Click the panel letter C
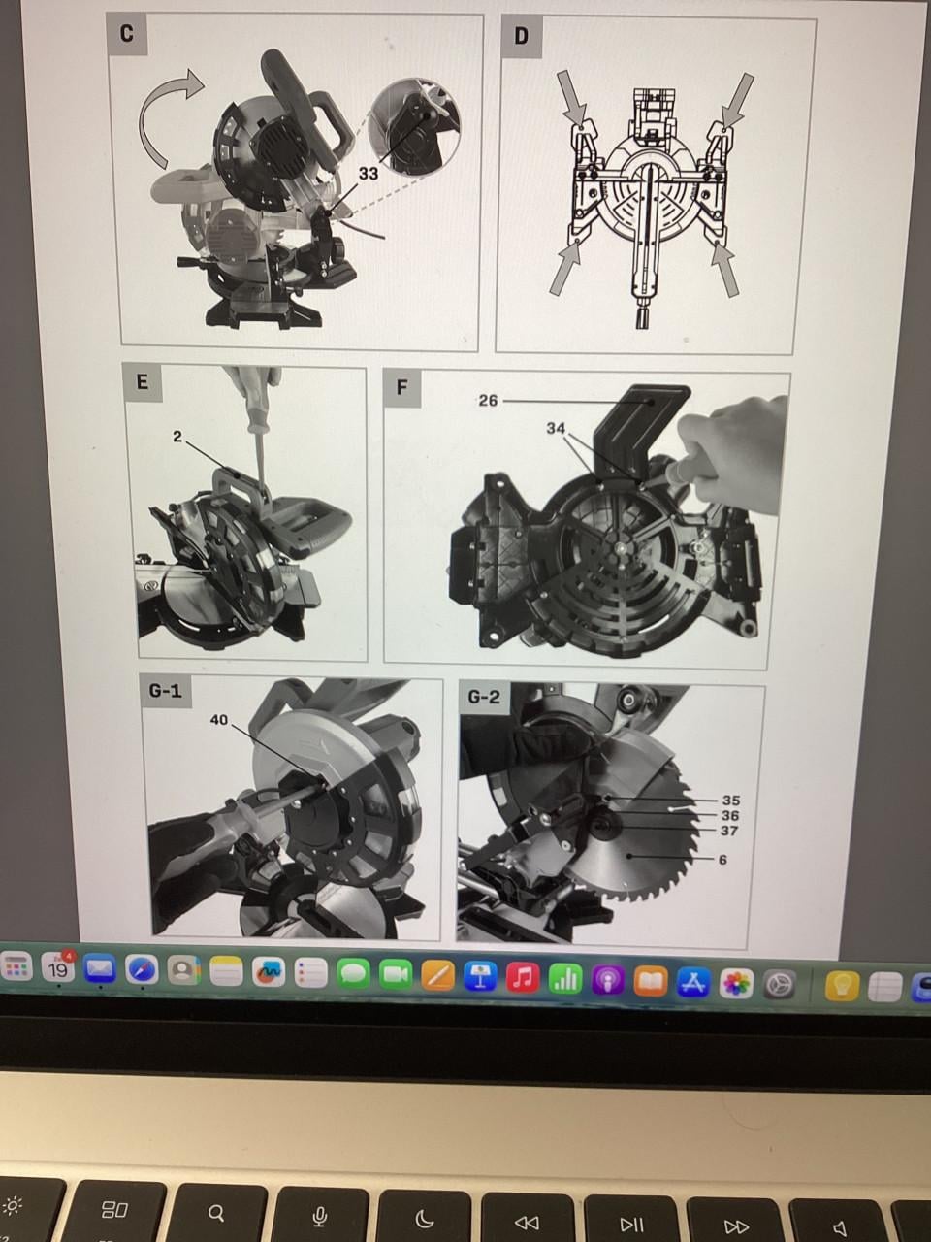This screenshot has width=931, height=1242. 127,34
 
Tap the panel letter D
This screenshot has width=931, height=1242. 521,37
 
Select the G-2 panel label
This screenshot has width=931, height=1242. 484,697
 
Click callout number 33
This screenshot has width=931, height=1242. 369,173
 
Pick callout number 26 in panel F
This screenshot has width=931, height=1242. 488,401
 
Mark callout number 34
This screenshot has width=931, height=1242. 556,429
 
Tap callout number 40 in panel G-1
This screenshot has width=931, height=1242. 219,720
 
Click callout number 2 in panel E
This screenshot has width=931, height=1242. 177,437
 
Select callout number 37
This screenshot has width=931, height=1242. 729,831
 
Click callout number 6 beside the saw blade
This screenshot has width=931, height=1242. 723,860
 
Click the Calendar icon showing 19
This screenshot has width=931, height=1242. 57,968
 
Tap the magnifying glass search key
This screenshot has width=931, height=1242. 215,1213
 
